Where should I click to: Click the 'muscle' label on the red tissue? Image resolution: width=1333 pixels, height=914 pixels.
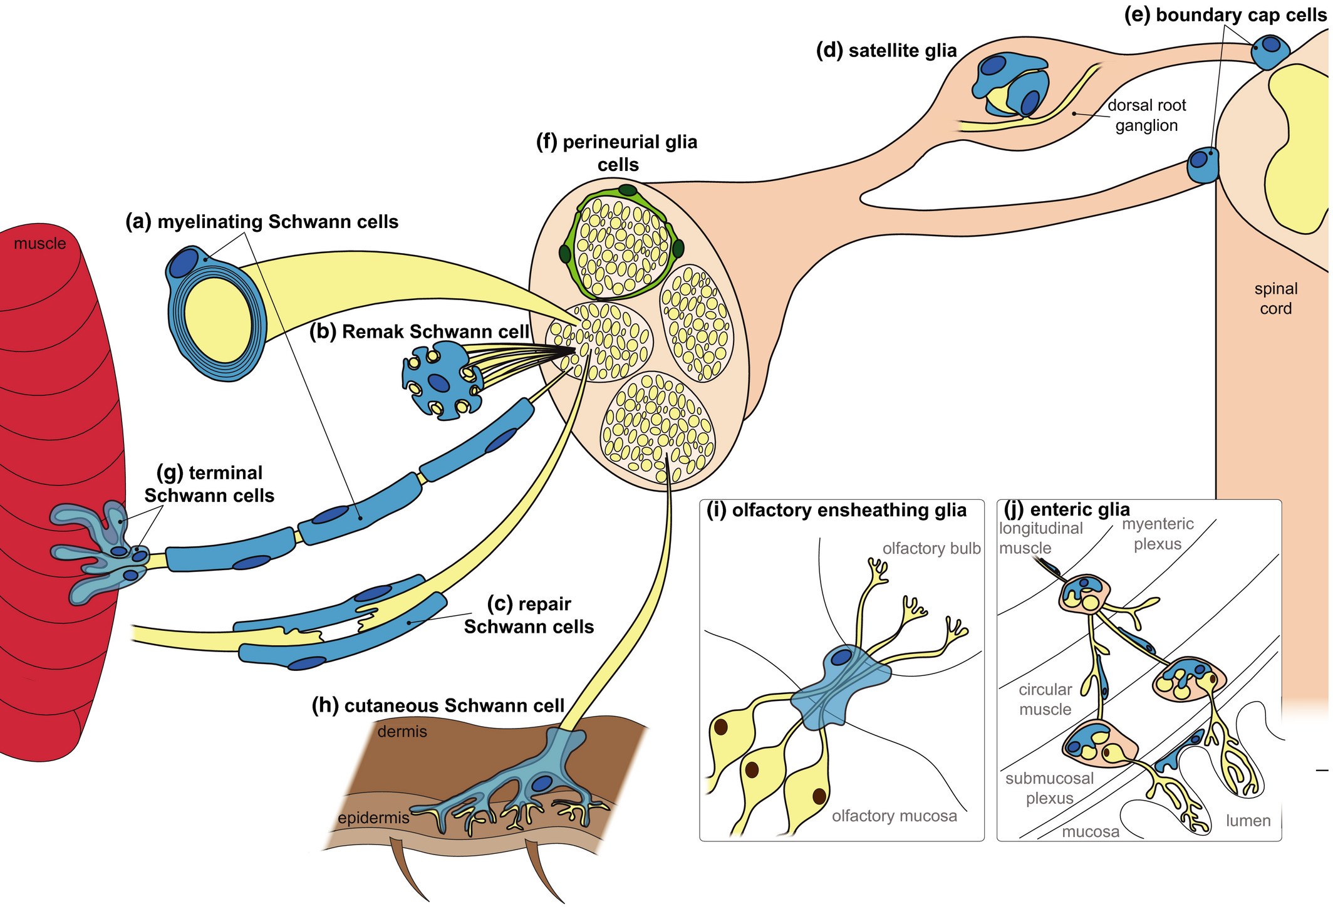(x=39, y=244)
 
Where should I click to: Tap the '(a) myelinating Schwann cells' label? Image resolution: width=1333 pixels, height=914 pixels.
(x=262, y=222)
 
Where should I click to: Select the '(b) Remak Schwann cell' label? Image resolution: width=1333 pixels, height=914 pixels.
(x=420, y=331)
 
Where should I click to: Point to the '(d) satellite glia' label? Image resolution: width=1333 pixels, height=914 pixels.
(x=886, y=51)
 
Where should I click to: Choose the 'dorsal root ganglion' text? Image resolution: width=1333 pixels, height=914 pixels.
(x=1146, y=115)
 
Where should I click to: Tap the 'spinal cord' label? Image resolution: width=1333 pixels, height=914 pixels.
(x=1275, y=299)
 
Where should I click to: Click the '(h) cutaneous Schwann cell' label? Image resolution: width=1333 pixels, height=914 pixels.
(x=438, y=705)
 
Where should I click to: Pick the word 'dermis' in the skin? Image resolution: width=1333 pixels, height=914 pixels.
(x=402, y=732)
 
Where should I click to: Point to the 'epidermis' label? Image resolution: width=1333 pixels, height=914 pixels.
(x=373, y=818)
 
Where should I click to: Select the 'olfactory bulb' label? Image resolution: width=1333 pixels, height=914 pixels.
(x=931, y=549)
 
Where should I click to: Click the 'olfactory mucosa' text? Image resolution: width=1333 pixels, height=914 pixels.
(x=895, y=816)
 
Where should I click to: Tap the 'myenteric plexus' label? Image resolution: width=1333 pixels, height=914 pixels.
(x=1158, y=534)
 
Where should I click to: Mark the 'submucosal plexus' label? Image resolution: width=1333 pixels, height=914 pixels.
(x=1050, y=789)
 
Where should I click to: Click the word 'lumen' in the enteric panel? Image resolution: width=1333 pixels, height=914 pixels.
(x=1248, y=821)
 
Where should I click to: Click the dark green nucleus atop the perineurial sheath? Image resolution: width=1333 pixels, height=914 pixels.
(x=628, y=190)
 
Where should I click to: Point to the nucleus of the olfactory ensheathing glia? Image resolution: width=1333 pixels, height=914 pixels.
(x=841, y=657)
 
